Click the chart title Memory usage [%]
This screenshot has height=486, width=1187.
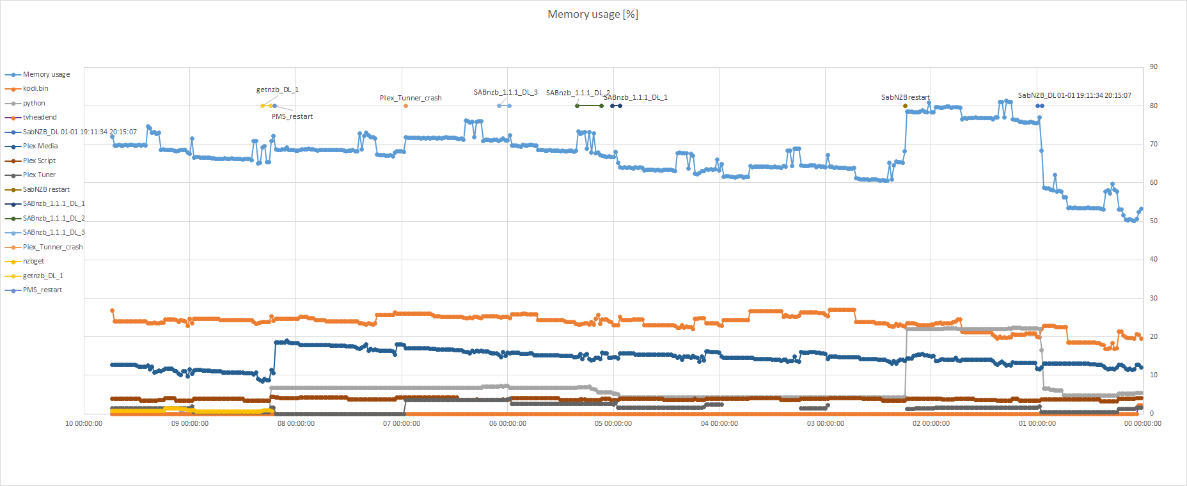pyautogui.click(x=592, y=14)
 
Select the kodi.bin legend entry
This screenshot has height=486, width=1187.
pyautogui.click(x=35, y=89)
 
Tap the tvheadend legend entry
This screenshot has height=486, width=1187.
pyautogui.click(x=40, y=118)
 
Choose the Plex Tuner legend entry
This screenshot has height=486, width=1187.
pyautogui.click(x=39, y=175)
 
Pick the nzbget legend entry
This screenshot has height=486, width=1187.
pyautogui.click(x=33, y=262)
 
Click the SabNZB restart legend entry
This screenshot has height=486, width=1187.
pyautogui.click(x=46, y=190)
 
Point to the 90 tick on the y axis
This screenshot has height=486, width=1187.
pyautogui.click(x=1153, y=67)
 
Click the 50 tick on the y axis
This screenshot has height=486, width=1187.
pyautogui.click(x=1153, y=221)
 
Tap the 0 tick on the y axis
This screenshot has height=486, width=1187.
pyautogui.click(x=1151, y=414)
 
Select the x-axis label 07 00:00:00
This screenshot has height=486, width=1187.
pyautogui.click(x=402, y=424)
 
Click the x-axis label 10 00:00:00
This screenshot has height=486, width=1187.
pyautogui.click(x=84, y=424)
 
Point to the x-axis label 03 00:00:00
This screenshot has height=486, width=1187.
pyautogui.click(x=825, y=424)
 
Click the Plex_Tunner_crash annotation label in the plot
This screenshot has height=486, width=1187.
pyautogui.click(x=411, y=98)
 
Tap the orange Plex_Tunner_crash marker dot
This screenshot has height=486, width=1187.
pyautogui.click(x=405, y=106)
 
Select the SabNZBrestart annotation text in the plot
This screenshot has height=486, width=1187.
pyautogui.click(x=905, y=98)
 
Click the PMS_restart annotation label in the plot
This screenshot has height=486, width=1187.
pyautogui.click(x=292, y=117)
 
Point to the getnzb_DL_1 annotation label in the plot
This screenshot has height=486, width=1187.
pyautogui.click(x=278, y=90)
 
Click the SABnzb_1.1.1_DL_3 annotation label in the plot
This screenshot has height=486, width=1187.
pyautogui.click(x=505, y=93)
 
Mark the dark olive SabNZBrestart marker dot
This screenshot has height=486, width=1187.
pyautogui.click(x=905, y=106)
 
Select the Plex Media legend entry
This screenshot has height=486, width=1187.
pyautogui.click(x=40, y=146)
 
